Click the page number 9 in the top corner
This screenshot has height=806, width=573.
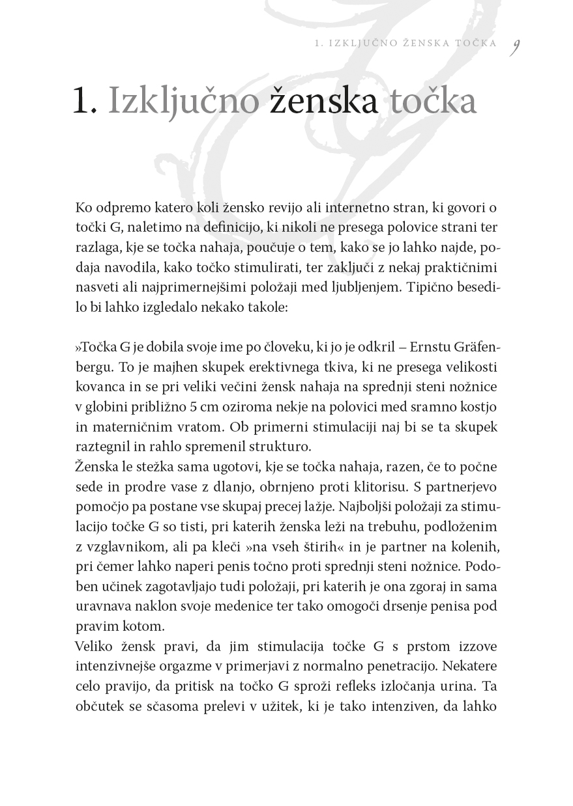point(515,47)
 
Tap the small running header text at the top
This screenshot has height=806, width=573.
point(405,44)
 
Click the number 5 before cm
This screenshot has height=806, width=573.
point(190,407)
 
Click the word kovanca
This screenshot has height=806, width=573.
point(98,387)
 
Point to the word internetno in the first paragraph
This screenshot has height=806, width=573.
point(341,208)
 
